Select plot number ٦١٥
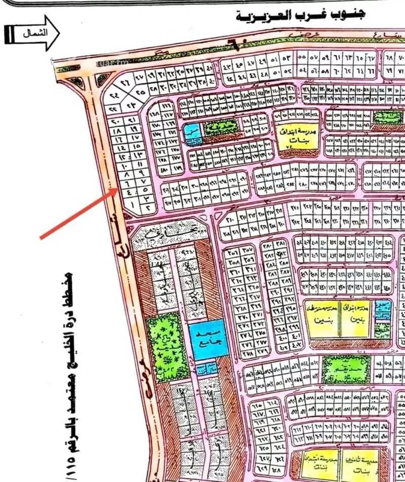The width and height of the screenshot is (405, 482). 256,406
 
